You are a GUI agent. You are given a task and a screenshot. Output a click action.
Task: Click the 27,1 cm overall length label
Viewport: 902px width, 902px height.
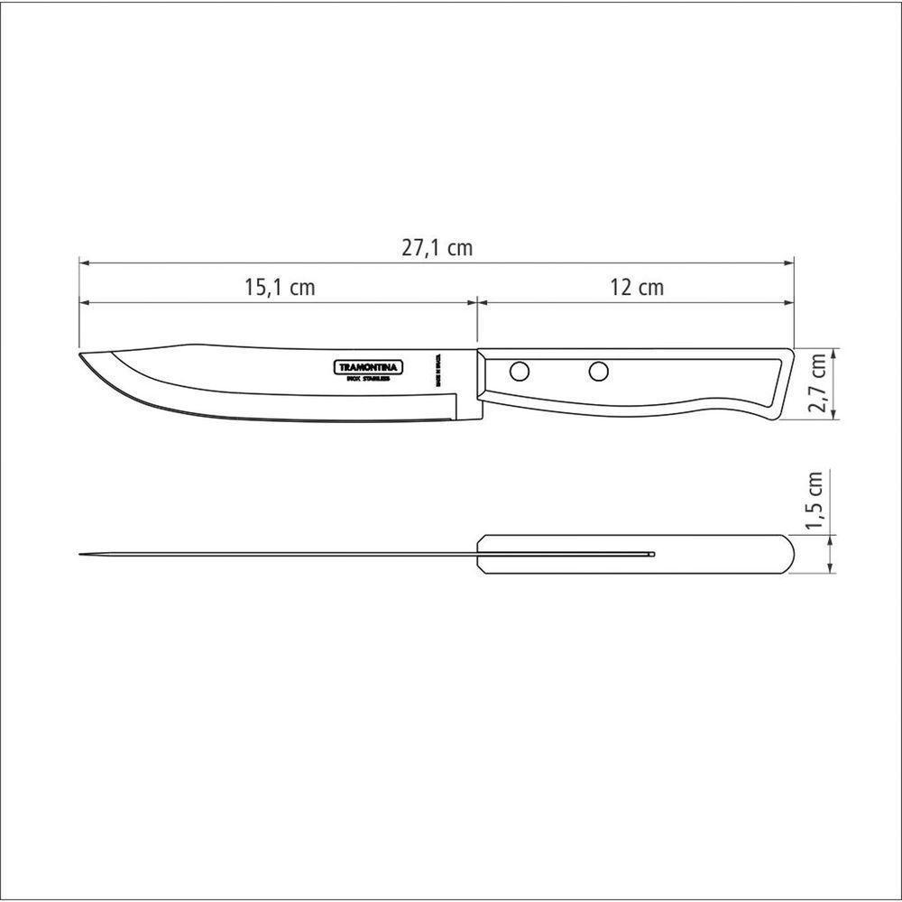pos(437,248)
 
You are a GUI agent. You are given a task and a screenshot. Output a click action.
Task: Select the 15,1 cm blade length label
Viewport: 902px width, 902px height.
pos(279,288)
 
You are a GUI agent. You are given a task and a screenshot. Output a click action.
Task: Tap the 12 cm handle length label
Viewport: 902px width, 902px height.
pos(636,288)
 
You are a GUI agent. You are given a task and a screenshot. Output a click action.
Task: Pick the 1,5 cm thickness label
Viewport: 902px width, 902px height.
pos(816,501)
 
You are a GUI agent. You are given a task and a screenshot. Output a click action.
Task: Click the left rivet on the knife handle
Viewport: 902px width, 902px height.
pos(520,371)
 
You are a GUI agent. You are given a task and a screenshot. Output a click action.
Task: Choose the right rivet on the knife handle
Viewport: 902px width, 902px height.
pos(599,371)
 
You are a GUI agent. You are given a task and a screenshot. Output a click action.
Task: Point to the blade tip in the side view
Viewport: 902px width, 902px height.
pos(80,355)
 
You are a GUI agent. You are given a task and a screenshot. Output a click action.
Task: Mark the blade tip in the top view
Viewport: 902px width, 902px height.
pos(80,553)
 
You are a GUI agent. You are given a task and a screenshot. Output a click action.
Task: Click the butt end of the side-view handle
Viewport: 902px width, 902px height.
pos(789,383)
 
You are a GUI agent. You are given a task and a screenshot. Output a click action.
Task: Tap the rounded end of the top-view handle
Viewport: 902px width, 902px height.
pos(791,554)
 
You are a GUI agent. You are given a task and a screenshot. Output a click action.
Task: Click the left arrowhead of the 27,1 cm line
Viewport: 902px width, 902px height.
pos(84,262)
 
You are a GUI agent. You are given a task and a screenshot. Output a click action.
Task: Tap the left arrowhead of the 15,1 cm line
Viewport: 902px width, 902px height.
pos(84,302)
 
